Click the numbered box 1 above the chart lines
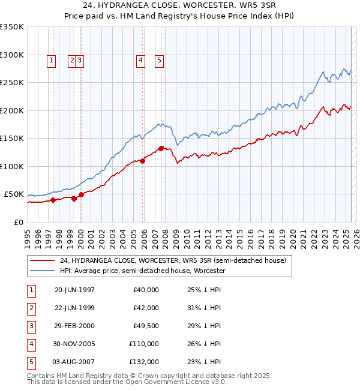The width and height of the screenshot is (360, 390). (51, 60)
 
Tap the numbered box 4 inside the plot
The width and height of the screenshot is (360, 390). (140, 60)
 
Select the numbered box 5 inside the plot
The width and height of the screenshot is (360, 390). (160, 60)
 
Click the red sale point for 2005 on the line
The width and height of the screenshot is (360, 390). (143, 161)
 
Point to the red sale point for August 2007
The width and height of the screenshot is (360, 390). (161, 148)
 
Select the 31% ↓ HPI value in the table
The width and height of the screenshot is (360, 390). (204, 308)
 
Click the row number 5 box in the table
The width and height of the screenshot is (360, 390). (31, 362)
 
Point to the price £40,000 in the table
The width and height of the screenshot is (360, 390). (146, 290)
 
